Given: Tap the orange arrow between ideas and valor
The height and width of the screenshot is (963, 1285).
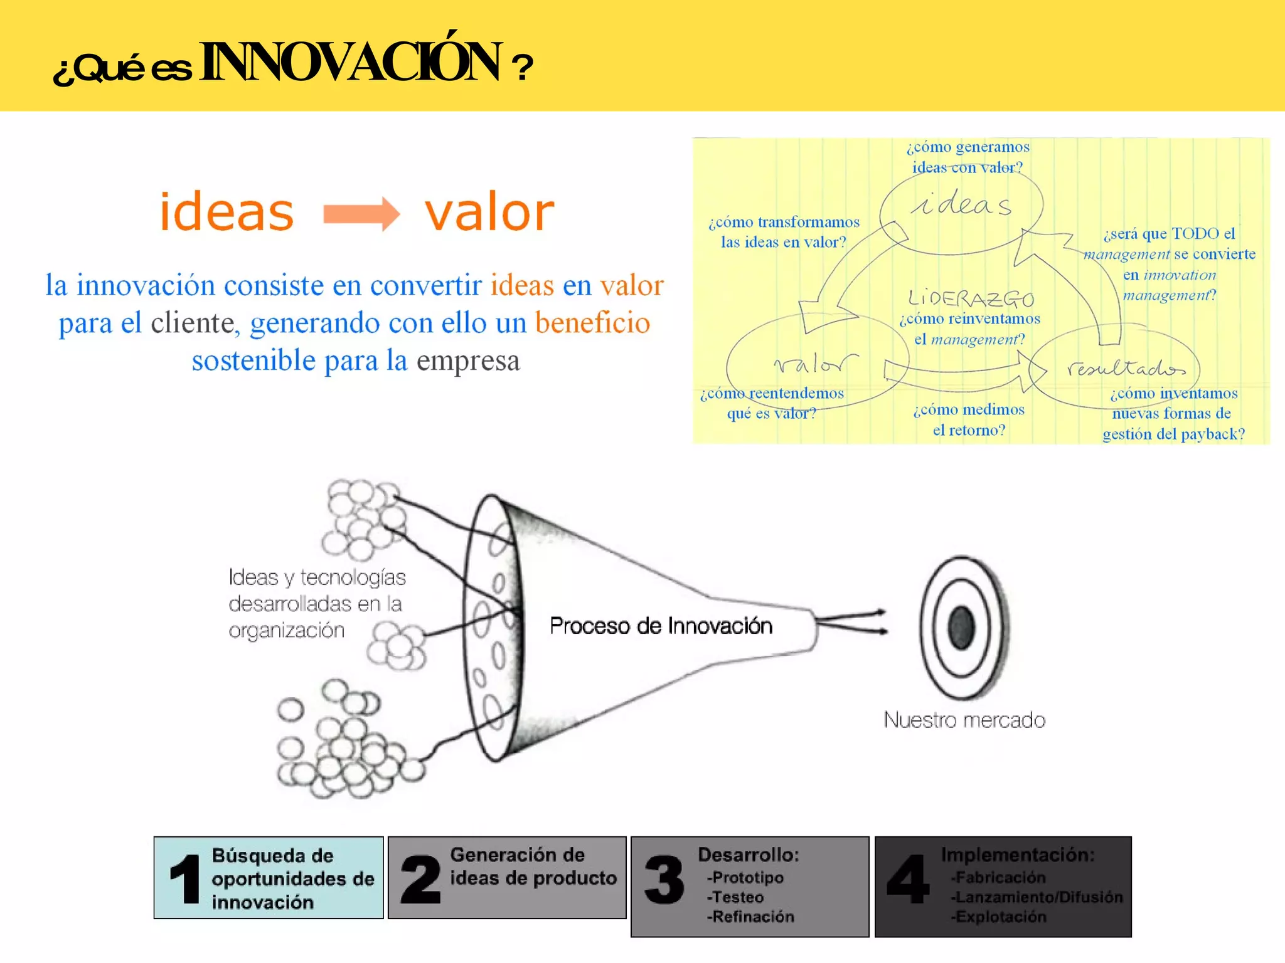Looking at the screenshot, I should tap(361, 214).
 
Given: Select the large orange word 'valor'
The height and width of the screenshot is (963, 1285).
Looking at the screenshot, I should tap(489, 212).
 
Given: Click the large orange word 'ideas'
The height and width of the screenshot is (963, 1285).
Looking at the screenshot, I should tap(227, 212).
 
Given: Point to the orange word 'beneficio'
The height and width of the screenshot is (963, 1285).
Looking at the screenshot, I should tap(592, 323).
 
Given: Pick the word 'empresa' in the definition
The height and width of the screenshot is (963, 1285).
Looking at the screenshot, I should tap(468, 360).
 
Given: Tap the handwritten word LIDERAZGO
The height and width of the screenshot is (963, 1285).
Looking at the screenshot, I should tap(971, 298).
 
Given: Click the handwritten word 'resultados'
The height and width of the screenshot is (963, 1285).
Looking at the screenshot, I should tap(1126, 368).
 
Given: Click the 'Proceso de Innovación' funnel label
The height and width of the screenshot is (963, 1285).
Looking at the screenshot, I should tap(661, 626).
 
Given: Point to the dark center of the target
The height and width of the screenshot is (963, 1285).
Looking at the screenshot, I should tap(961, 627).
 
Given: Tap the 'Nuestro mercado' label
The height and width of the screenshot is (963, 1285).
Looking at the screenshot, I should tap(964, 720).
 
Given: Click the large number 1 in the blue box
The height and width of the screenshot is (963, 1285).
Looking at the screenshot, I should tap(185, 879).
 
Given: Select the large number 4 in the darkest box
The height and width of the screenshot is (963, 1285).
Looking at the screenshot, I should tap(908, 879).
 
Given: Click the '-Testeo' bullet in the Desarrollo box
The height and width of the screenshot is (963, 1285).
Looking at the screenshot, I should tap(735, 897).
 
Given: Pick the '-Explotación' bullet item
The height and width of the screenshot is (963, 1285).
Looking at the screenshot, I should tap(998, 917).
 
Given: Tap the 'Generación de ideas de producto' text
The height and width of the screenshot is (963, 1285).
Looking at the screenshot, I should tap(533, 866).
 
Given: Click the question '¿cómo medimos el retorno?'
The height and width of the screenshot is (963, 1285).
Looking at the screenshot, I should tap(969, 419).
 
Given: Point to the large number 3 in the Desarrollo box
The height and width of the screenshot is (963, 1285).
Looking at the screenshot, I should tap(664, 880).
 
